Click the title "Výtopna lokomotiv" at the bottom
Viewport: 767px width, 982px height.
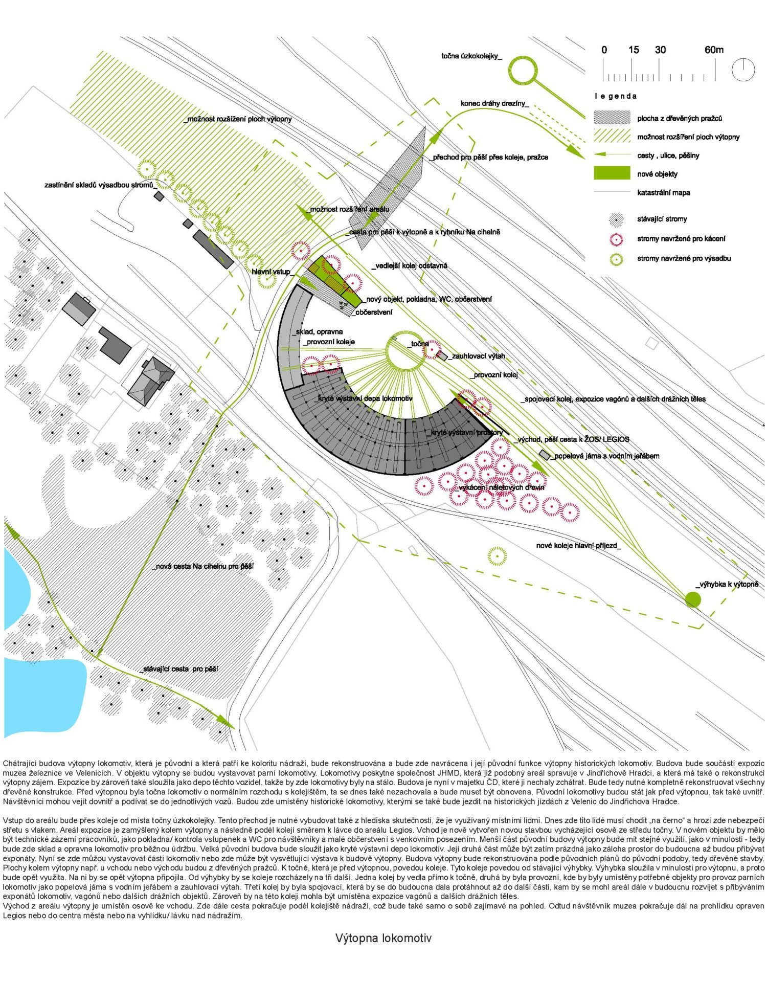click(383, 938)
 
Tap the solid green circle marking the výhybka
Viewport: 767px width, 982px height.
click(692, 599)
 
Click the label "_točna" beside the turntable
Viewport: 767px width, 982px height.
click(418, 344)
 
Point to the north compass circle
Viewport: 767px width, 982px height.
click(742, 69)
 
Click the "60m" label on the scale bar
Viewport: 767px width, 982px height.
click(714, 50)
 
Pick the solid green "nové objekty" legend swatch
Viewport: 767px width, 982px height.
click(612, 173)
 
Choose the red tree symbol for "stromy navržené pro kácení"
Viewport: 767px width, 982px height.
click(617, 239)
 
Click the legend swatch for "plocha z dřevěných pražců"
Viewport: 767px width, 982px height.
click(612, 118)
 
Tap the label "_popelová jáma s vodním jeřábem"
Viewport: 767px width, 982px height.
click(604, 456)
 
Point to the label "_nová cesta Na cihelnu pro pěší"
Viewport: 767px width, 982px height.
click(203, 566)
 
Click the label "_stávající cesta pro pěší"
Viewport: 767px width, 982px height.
click(178, 668)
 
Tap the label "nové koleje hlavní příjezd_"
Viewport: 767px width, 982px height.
click(578, 546)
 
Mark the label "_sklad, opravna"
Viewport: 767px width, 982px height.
click(318, 331)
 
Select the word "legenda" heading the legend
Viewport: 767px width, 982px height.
click(616, 96)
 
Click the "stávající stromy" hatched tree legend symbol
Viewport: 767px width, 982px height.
click(617, 219)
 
